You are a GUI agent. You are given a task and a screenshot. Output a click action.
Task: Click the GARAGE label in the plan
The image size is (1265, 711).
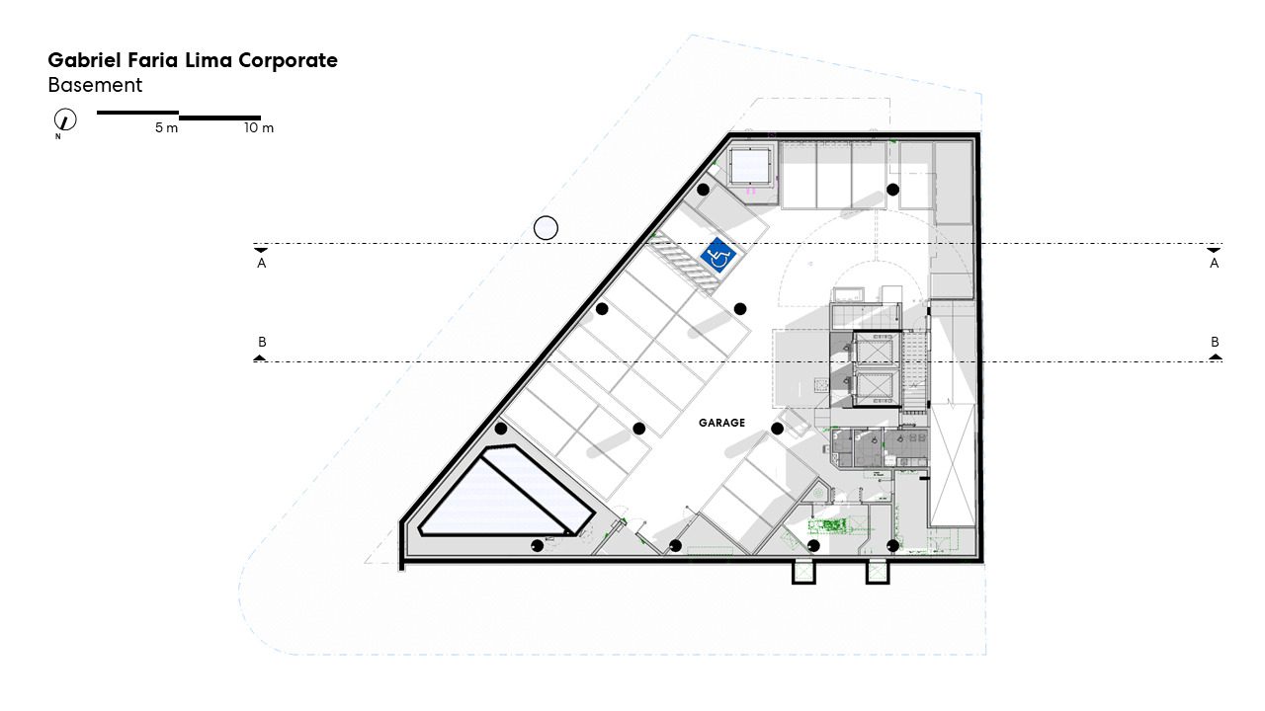(x=721, y=423)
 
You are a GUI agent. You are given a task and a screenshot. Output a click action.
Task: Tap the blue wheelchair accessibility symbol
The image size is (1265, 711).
(x=717, y=255)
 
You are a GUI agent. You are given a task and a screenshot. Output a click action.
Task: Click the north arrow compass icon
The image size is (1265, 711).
(x=65, y=120)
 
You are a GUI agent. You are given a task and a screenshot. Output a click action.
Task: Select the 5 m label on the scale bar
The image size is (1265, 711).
(x=166, y=128)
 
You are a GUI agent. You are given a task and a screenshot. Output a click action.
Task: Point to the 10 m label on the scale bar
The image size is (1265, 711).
(x=259, y=128)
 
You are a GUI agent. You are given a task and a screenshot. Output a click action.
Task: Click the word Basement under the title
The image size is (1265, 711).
(x=95, y=85)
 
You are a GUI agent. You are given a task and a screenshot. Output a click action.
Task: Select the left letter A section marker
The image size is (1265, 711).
(x=262, y=263)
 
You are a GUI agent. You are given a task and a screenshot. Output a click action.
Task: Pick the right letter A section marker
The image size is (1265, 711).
(x=1214, y=263)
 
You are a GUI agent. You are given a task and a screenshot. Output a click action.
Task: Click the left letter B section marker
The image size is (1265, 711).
(x=262, y=342)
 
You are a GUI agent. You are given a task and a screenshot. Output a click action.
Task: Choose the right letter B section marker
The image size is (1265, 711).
(x=1215, y=342)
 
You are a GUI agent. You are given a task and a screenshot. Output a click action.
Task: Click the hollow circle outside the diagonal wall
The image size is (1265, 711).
(x=546, y=228)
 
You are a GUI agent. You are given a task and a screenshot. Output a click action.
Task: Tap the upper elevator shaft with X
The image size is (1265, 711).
(x=876, y=350)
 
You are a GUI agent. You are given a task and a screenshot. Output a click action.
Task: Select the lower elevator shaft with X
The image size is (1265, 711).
(x=876, y=388)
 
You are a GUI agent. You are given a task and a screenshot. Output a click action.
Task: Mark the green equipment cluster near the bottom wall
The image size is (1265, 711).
(x=826, y=526)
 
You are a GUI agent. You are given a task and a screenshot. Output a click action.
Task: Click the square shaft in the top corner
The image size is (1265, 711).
(x=750, y=167)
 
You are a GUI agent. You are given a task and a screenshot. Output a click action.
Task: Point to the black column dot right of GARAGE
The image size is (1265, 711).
(x=777, y=429)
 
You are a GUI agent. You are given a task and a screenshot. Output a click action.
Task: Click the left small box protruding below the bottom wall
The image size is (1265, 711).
(x=803, y=572)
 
